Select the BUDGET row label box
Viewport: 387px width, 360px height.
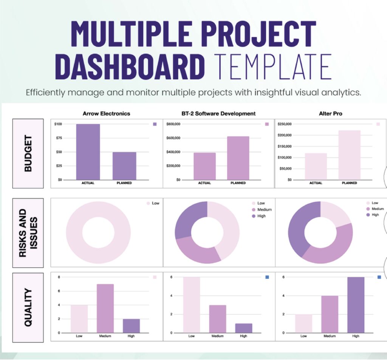pos(28,153)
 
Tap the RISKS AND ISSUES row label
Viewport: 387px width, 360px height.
pos(28,232)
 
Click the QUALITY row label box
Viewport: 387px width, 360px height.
pos(28,307)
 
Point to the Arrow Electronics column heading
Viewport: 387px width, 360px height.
pos(106,113)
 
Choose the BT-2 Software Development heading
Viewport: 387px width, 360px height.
pos(218,113)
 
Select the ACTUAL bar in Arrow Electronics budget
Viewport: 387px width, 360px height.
pos(88,152)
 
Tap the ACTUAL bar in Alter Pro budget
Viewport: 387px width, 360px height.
pos(316,166)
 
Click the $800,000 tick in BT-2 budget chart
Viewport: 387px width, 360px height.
pos(174,124)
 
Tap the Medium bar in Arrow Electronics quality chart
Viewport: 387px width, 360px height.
pos(105,308)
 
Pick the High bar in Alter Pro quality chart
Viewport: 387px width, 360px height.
pos(356,305)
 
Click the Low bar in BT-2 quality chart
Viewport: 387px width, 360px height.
pos(192,305)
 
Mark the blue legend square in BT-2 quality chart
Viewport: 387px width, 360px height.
pos(267,277)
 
